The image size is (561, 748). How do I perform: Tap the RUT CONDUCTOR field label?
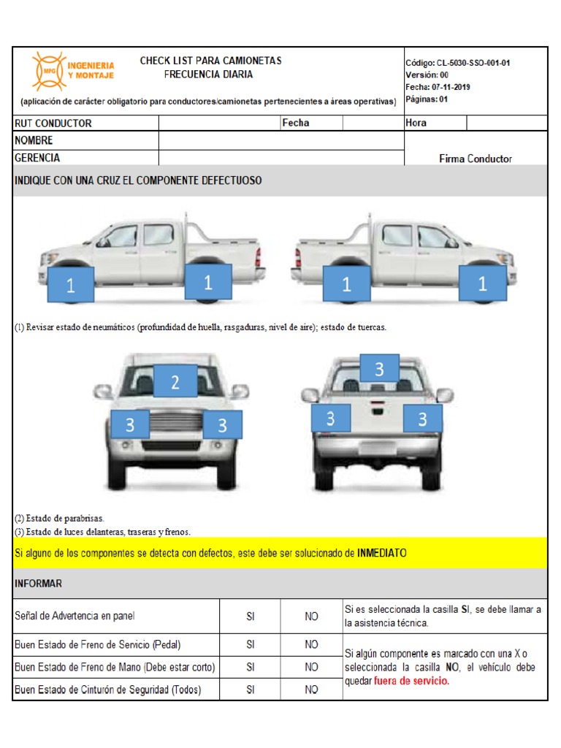tap(53, 123)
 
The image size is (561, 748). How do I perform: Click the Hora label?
tap(416, 123)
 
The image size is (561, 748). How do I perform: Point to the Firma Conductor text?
tap(475, 159)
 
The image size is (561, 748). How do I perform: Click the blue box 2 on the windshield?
tap(175, 381)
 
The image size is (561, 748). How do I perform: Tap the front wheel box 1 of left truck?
tap(71, 286)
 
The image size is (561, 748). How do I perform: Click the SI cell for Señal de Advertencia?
tap(251, 617)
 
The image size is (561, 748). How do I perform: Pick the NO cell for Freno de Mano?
tap(312, 667)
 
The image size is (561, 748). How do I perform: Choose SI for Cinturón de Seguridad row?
tap(251, 690)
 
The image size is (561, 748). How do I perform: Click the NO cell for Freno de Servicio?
tap(312, 644)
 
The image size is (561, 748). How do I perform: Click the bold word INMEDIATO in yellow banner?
tap(381, 554)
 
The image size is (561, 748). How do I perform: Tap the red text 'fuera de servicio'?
tap(411, 681)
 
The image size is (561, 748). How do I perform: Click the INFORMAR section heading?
tap(38, 584)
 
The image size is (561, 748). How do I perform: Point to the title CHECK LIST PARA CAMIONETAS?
tap(210, 61)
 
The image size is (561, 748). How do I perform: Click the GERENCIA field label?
tap(37, 158)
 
